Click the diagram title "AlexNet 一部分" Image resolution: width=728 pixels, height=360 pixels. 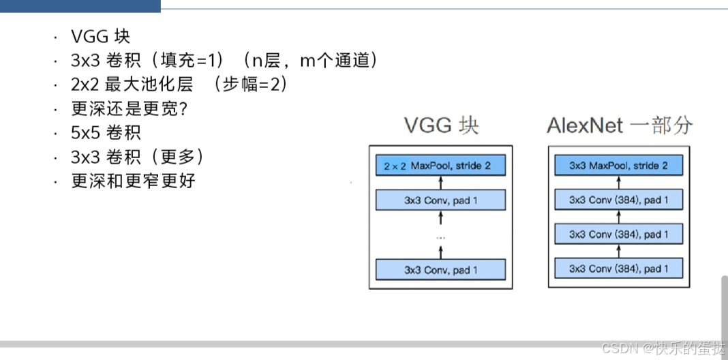coord(619,126)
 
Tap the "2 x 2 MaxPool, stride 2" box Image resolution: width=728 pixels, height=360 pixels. coord(440,166)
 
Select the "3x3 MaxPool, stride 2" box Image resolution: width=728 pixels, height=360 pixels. coord(619,166)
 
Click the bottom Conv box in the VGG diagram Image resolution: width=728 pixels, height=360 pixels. coord(440,269)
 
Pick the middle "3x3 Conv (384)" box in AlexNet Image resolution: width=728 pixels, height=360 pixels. coord(619,234)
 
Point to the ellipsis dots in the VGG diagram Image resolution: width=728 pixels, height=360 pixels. coord(440,237)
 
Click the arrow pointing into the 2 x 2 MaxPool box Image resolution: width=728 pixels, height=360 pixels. coord(440,183)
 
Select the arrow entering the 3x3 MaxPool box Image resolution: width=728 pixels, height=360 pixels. coord(619,183)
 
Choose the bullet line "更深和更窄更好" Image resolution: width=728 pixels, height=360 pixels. coord(133,181)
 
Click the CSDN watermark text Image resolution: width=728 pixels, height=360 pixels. coord(663,348)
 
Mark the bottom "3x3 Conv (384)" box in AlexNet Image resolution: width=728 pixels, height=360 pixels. coord(619,268)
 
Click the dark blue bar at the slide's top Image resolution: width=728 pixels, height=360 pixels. coord(80,5)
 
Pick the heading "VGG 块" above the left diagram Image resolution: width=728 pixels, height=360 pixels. coord(440,126)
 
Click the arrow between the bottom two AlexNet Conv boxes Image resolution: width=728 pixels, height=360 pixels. coord(619,251)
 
